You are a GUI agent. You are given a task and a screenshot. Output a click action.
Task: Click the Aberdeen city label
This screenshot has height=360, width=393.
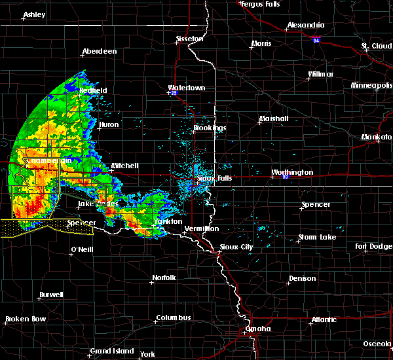click(99, 52)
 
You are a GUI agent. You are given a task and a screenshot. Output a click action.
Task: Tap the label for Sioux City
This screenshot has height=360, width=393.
click(238, 247)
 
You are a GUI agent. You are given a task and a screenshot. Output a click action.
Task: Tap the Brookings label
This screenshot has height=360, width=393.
click(210, 128)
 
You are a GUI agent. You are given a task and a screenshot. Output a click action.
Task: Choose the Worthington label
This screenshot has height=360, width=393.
click(292, 173)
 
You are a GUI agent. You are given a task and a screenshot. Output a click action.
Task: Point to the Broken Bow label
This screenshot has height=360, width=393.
click(26, 319)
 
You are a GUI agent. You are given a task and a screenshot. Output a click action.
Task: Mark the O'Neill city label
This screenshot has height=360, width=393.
click(82, 251)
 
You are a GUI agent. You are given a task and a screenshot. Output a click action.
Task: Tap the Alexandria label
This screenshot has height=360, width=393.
click(306, 26)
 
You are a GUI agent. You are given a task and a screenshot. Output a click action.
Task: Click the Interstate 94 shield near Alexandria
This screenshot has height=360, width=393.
click(316, 40)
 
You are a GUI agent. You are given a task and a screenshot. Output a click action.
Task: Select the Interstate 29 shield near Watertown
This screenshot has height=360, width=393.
click(174, 93)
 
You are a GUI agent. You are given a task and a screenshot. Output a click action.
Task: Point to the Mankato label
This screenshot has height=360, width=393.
click(376, 137)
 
